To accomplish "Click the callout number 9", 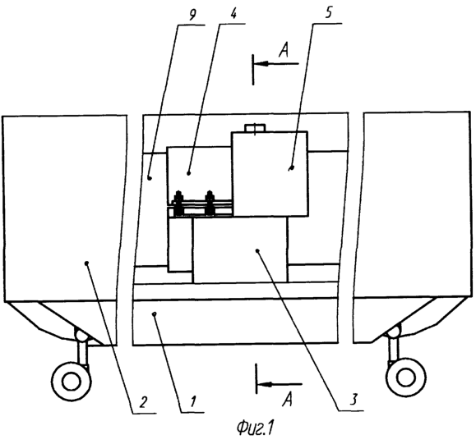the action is (192, 15).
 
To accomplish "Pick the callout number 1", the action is (192, 401).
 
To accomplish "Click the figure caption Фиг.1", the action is (254, 428).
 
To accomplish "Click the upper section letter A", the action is (284, 50).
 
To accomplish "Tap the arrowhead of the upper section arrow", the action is (261, 64).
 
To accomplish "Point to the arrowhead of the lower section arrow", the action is (265, 384).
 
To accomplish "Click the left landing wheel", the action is (72, 382).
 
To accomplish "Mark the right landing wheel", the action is (405, 378).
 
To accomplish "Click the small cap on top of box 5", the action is (256, 128).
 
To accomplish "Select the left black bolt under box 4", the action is (178, 204).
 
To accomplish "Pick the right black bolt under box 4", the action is (210, 204).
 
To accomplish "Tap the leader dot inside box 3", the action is (257, 250).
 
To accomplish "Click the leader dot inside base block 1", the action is (155, 314).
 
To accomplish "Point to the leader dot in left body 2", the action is (87, 263).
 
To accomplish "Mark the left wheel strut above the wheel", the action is (82, 351).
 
